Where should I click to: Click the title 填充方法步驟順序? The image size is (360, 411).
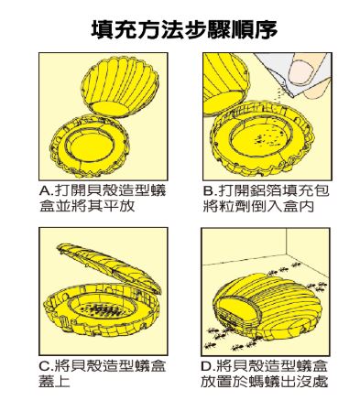tap(184, 30)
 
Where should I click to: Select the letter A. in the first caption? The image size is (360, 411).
tap(47, 191)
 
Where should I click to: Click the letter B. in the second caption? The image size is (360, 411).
tap(211, 191)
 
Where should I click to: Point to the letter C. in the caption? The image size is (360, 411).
tap(47, 366)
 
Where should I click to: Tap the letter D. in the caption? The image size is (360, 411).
tap(209, 366)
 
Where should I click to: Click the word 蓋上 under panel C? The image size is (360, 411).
tap(54, 382)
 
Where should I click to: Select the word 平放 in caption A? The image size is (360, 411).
tap(119, 206)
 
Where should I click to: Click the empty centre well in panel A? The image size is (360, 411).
tap(91, 146)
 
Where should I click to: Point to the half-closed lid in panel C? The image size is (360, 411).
tap(109, 268)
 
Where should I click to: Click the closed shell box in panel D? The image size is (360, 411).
tap(266, 308)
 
